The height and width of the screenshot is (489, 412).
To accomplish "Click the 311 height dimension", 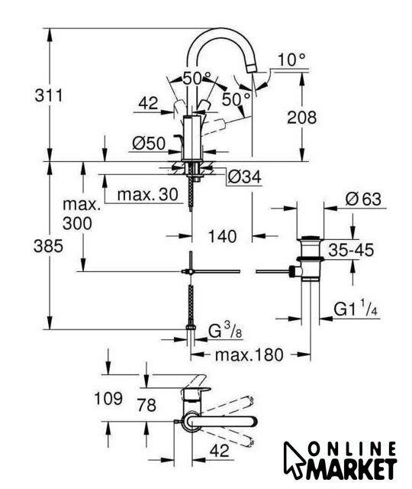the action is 49,95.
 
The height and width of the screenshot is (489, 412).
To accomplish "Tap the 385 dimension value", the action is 48,246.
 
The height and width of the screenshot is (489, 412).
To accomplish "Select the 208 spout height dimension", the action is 301,118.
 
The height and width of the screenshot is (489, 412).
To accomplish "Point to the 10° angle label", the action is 291,60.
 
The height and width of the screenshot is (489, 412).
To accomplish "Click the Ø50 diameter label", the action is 149,144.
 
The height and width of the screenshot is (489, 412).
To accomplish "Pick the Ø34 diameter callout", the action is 244,177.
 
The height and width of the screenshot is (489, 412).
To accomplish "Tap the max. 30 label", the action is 147,194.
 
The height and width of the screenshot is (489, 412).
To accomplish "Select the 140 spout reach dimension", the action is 222,236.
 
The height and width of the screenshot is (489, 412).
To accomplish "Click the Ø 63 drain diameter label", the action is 363,199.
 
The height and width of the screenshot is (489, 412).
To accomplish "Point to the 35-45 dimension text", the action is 351,250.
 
